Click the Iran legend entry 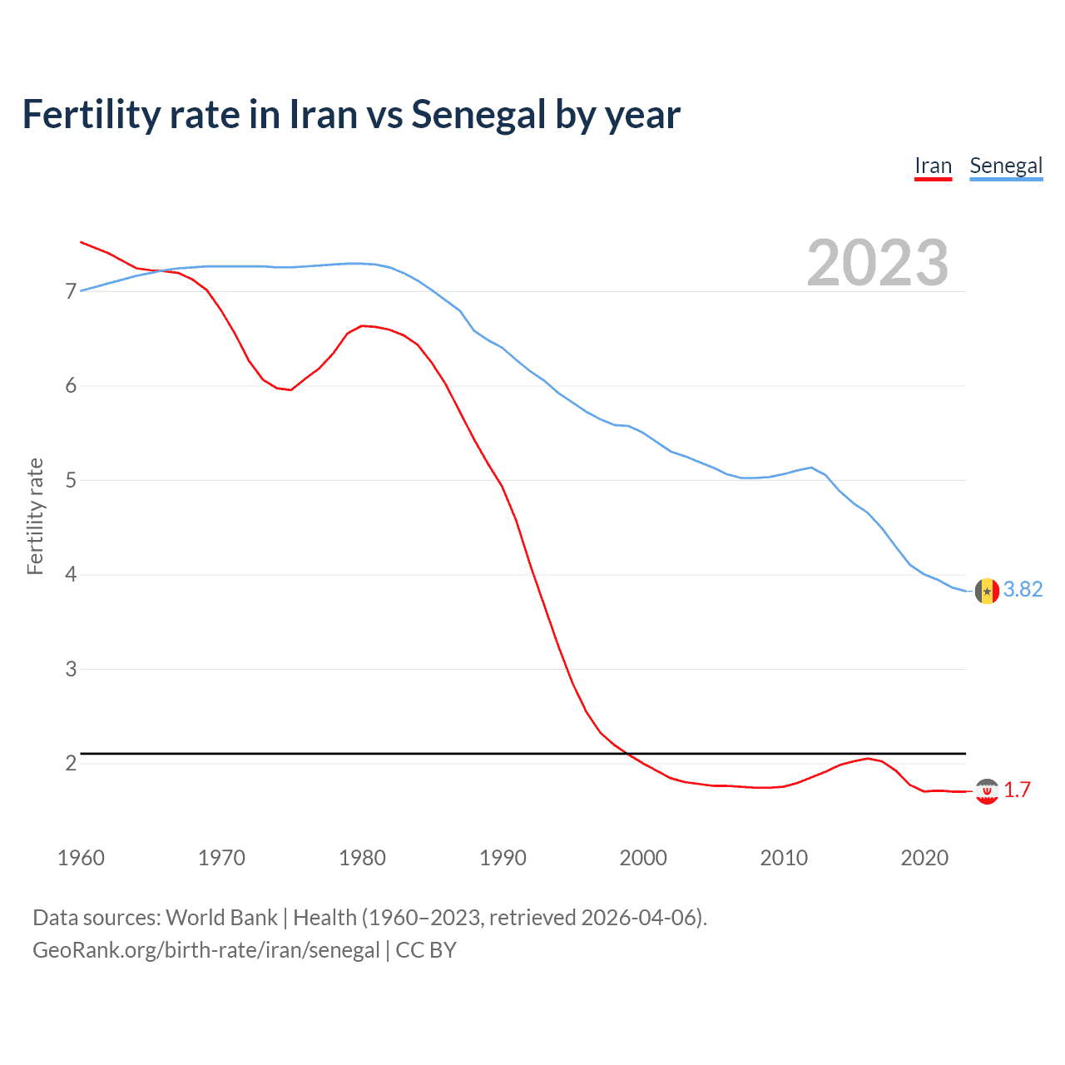[x=933, y=166]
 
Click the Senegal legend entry [x=1006, y=166]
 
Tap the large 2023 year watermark [x=877, y=263]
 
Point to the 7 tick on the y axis [x=71, y=291]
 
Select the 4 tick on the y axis [x=71, y=574]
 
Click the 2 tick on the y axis [x=71, y=763]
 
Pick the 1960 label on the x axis [x=81, y=858]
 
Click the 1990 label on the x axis [x=503, y=858]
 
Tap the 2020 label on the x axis [x=924, y=858]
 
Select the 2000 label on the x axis [x=643, y=858]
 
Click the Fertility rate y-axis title [x=35, y=516]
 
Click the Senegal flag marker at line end [x=987, y=591]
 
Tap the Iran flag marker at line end [x=987, y=791]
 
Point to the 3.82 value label [x=1023, y=589]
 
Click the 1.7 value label [x=1017, y=790]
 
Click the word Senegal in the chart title [x=478, y=115]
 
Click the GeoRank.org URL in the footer [x=206, y=949]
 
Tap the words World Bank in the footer [x=221, y=918]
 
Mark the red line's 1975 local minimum [x=290, y=389]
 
